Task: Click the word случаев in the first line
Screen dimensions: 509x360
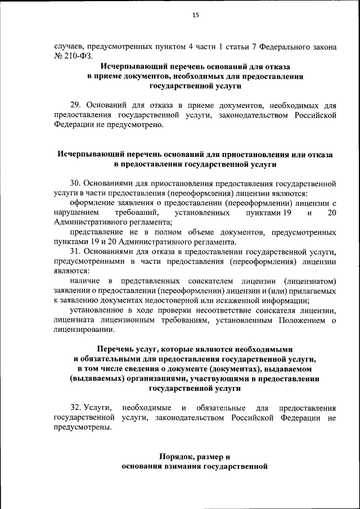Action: (70, 47)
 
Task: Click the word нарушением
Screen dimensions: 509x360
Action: (76, 213)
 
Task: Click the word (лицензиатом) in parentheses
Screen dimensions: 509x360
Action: (310, 281)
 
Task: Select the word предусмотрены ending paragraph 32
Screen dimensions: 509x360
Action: (82, 427)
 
